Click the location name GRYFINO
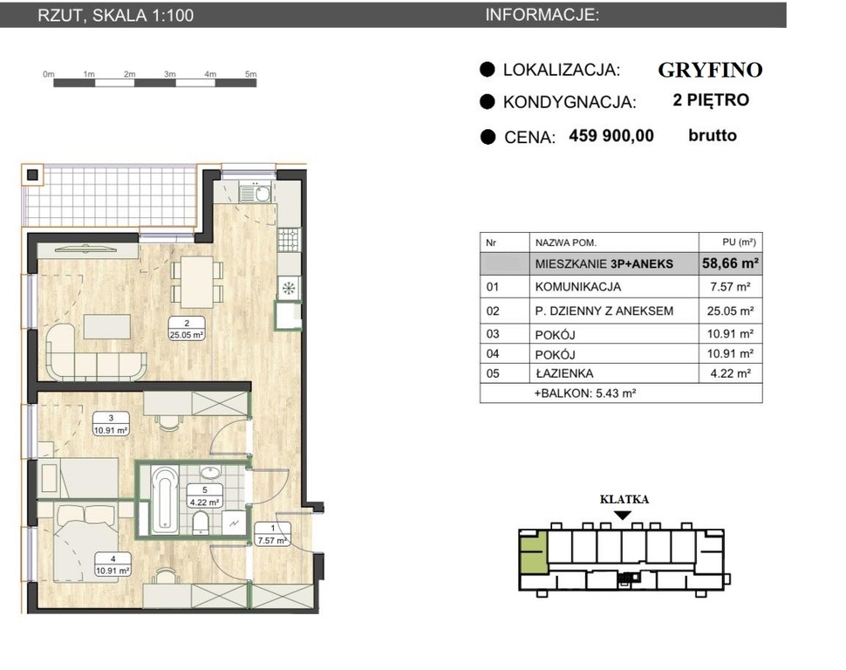click(x=710, y=70)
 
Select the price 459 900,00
click(x=611, y=135)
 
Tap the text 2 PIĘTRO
click(x=711, y=99)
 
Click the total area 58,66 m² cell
click(x=731, y=263)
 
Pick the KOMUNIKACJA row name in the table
click(x=578, y=287)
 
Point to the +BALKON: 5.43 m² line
click(x=585, y=393)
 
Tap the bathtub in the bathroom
click(x=165, y=499)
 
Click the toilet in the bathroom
click(x=201, y=522)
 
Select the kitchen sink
click(x=256, y=193)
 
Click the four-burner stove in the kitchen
click(x=288, y=240)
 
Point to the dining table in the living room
click(x=197, y=282)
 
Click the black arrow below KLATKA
click(x=624, y=516)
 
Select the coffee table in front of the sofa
click(x=107, y=326)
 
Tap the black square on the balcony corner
click(x=32, y=175)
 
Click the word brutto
click(x=713, y=135)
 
